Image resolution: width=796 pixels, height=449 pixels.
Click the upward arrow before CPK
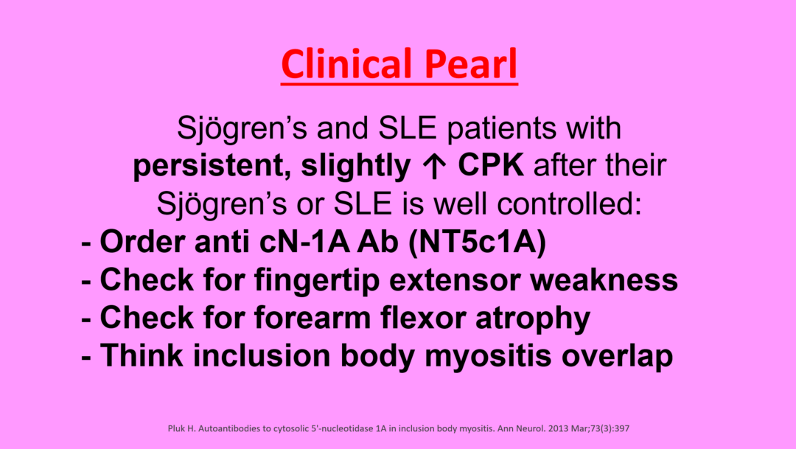(434, 166)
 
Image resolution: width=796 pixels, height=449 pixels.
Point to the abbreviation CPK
(491, 165)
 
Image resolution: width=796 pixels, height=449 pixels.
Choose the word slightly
(356, 166)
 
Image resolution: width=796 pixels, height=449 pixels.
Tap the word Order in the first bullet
(142, 241)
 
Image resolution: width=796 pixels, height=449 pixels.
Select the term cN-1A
(304, 241)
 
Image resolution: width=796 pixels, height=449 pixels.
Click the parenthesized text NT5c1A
(477, 242)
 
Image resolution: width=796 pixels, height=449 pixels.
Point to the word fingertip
(317, 280)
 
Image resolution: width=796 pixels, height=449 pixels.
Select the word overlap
(618, 356)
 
